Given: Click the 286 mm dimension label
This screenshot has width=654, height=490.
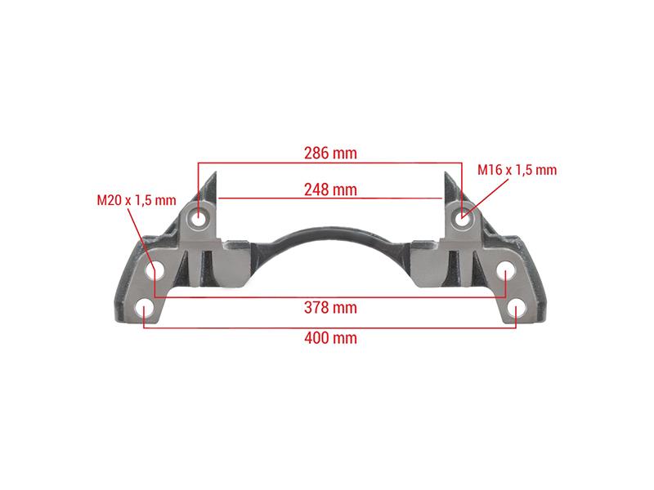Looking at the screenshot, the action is pos(330,153).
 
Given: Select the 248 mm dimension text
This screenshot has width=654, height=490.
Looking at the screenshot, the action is pos(330,189).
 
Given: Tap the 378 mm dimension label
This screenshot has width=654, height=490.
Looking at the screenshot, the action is pos(330,308).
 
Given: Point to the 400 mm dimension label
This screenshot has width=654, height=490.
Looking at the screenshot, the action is pos(330,337).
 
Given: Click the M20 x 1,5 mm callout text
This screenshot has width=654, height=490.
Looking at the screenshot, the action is pos(137,200).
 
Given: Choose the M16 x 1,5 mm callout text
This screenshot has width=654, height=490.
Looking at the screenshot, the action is pos(517,170).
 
